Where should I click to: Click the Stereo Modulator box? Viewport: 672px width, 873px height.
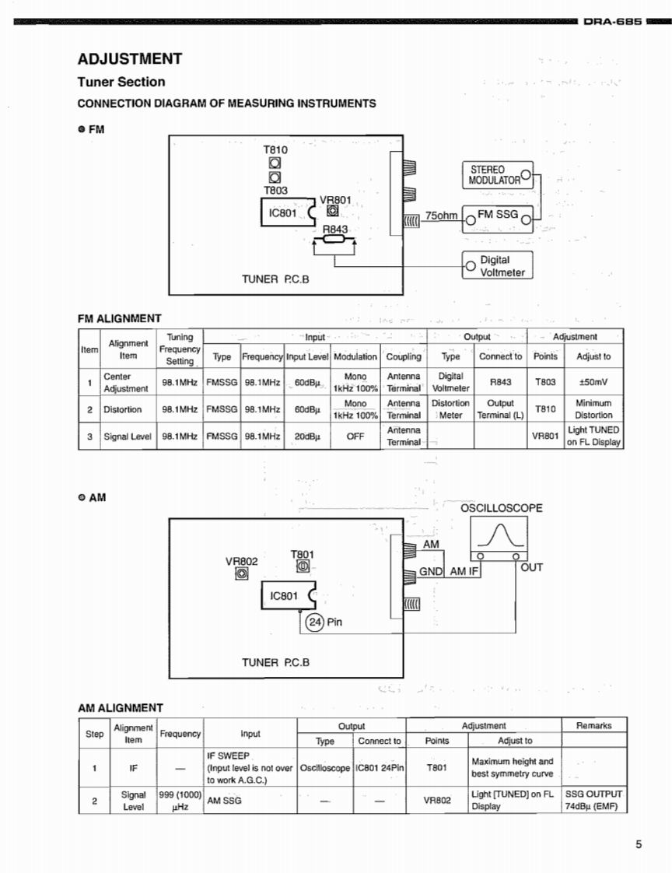coord(498,175)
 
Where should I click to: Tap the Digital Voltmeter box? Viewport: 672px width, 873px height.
coord(498,266)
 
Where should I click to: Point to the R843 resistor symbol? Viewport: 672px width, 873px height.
coord(334,240)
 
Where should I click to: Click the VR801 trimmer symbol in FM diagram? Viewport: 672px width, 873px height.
coord(332,210)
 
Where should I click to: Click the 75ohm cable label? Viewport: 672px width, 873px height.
coord(441,216)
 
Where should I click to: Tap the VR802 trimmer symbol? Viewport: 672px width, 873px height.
coord(242,573)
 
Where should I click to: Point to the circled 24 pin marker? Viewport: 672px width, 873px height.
coord(314,622)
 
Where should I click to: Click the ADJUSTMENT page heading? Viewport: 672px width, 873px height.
coord(130,59)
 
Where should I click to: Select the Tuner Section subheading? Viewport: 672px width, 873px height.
coord(121,82)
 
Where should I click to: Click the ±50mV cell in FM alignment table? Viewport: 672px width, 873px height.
coord(593,382)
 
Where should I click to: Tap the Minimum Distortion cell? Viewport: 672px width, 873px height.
coord(593,409)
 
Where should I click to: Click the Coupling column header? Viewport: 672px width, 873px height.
coord(404,356)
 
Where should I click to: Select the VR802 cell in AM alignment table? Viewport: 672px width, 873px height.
coord(437,800)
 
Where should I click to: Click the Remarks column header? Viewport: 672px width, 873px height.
coord(594,725)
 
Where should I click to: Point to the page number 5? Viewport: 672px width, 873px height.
coord(639,846)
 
